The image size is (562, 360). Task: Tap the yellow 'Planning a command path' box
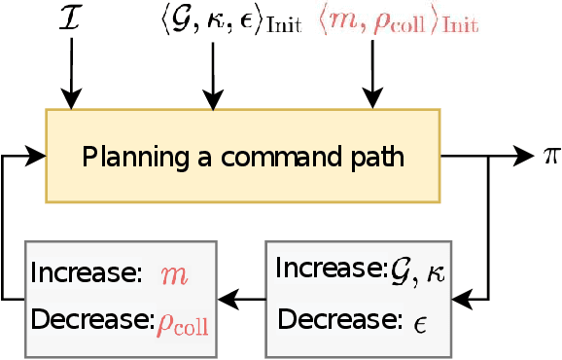click(x=242, y=156)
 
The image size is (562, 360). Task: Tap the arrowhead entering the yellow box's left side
click(x=37, y=155)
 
